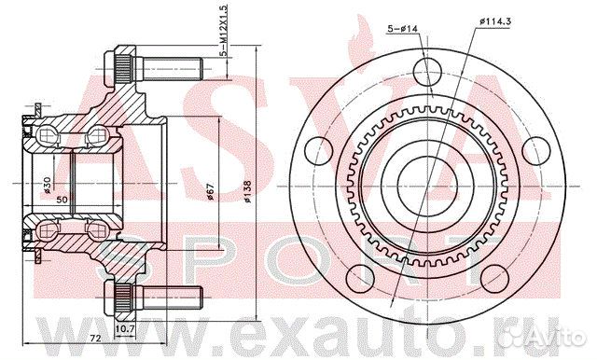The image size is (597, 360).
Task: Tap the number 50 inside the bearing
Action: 62,199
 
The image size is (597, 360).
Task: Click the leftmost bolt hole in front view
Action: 320,146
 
